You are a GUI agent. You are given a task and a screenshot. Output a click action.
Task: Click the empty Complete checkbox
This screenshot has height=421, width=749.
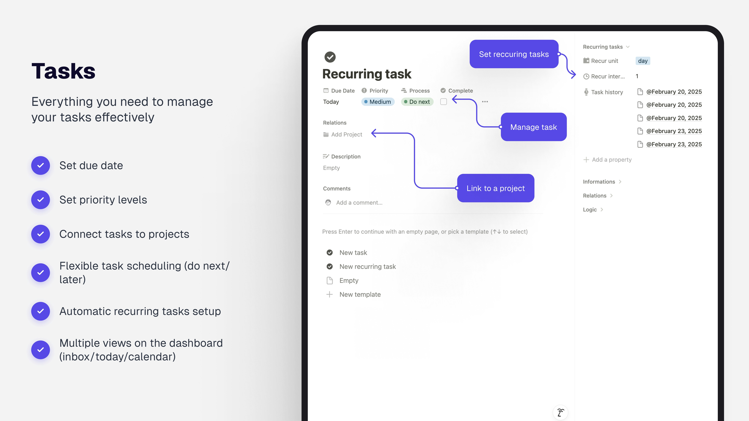click(x=443, y=102)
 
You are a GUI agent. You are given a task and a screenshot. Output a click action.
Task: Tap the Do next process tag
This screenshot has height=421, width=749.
click(x=417, y=102)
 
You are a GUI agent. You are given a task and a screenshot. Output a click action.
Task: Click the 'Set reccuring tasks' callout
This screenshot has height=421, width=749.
click(x=514, y=54)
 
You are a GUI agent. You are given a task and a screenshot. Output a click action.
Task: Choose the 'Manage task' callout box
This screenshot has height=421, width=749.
click(x=534, y=127)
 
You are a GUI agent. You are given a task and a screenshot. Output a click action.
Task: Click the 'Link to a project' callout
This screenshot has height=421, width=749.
click(x=495, y=188)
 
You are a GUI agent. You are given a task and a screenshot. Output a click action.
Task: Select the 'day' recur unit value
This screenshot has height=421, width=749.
click(x=643, y=61)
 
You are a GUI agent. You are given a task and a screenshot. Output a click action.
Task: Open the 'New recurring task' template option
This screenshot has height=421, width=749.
click(x=367, y=266)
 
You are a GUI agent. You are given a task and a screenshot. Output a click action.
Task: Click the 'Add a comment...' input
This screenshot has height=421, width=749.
click(x=359, y=203)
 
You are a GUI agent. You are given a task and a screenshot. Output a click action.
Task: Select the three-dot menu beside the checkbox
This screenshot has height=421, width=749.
click(x=485, y=102)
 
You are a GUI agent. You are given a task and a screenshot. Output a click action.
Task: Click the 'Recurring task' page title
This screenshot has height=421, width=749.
click(x=367, y=74)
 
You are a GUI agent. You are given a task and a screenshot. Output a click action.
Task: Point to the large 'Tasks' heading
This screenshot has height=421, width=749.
click(x=63, y=71)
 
